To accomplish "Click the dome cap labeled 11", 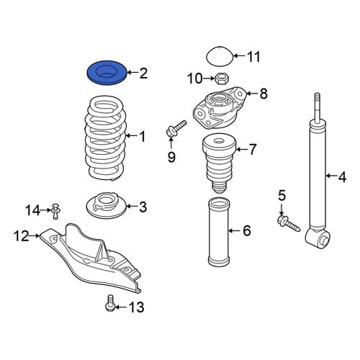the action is pos(220,55).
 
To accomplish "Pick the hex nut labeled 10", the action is pos(222,78).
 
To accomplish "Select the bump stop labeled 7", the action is pos(220,163).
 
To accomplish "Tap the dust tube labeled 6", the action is pos(218,232).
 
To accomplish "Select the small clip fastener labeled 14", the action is pos(55,211).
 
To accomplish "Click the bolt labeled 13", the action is pos(109,303).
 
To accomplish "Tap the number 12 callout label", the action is pos(22,236).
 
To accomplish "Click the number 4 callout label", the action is pos(342,177).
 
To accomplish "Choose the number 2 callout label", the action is pos(143,73).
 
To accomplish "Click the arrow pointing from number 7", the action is pos(242,150).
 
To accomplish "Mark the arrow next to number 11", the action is pos(239,56).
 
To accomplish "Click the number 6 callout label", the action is pos(247,231).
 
